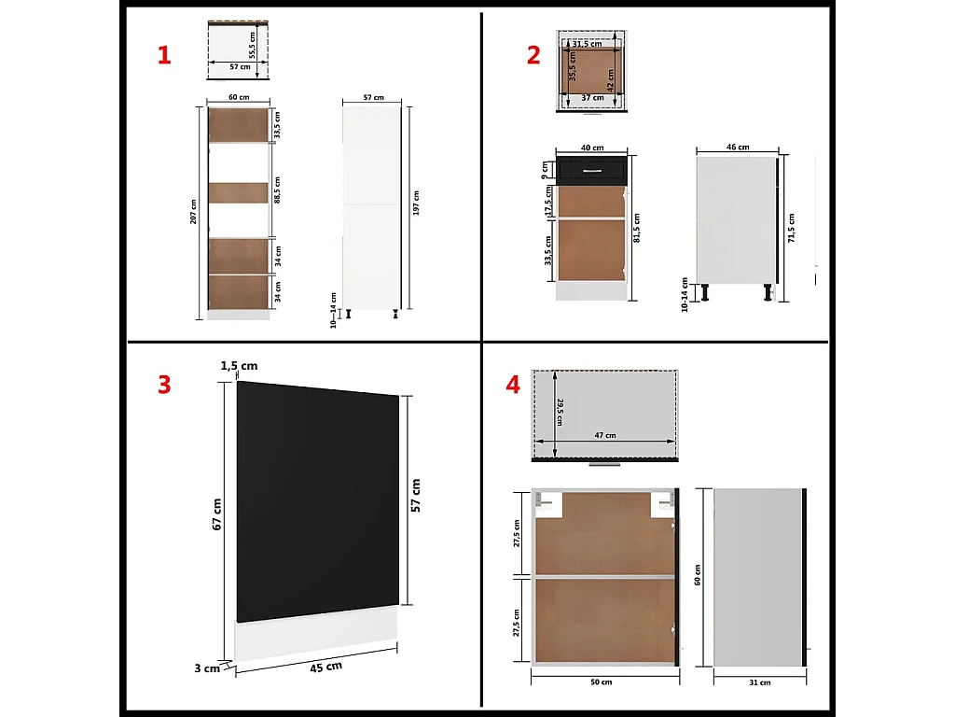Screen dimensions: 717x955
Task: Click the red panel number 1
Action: tap(164, 55)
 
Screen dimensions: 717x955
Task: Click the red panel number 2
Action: tap(533, 55)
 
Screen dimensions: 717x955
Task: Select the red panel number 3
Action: tap(164, 384)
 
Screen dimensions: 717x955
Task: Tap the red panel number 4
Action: tap(513, 384)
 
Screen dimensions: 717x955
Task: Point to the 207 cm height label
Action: tap(193, 213)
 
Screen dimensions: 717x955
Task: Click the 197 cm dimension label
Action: tap(416, 203)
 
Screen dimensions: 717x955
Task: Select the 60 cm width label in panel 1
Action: tap(239, 97)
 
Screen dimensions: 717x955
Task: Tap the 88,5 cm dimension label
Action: tap(278, 190)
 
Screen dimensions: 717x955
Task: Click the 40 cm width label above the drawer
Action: tap(591, 148)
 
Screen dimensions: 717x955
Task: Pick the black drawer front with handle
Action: tap(591, 169)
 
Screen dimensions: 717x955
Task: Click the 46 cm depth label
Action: tap(737, 148)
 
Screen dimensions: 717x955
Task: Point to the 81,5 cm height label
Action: tap(638, 227)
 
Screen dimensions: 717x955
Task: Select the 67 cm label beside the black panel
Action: tap(216, 514)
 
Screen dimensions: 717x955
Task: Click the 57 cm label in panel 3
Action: tap(415, 495)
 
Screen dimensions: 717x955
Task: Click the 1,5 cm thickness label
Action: tap(239, 365)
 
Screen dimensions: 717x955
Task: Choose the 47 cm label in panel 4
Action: tap(604, 435)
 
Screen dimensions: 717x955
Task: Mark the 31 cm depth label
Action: tap(759, 682)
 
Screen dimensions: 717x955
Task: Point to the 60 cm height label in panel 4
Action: tap(698, 575)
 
